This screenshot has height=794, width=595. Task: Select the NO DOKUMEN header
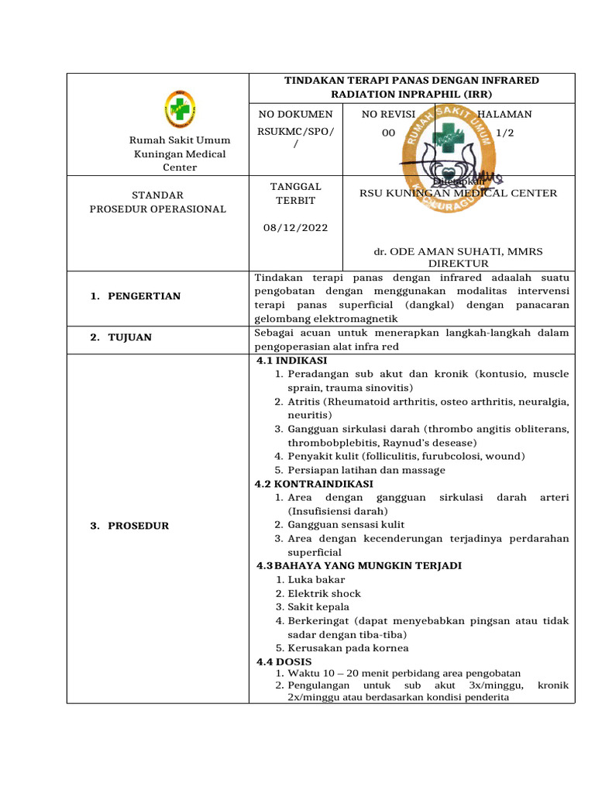point(294,115)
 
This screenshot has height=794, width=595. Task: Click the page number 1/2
point(504,133)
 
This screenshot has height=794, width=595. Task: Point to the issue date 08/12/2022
point(294,228)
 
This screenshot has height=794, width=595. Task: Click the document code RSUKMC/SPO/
point(294,133)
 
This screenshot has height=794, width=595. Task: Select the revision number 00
point(389,133)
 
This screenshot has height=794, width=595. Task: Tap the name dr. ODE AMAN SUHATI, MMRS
point(458,252)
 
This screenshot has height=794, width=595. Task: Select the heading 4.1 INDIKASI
point(291,361)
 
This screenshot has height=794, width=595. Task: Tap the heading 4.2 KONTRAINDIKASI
point(308,484)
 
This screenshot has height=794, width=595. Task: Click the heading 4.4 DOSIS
point(284,662)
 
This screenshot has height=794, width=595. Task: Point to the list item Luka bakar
point(316,580)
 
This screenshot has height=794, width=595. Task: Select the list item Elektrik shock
point(324,594)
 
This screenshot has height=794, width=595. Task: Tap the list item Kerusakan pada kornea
point(348,648)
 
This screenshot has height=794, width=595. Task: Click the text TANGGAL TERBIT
point(294,194)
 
